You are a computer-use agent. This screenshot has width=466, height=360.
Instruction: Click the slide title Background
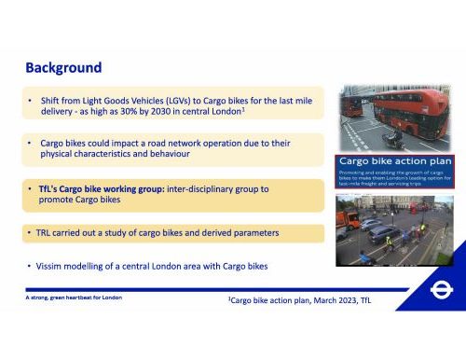click(63, 68)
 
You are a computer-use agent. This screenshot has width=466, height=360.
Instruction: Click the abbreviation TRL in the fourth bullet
click(47, 230)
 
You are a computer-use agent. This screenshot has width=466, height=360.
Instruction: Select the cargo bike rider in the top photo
click(395, 137)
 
